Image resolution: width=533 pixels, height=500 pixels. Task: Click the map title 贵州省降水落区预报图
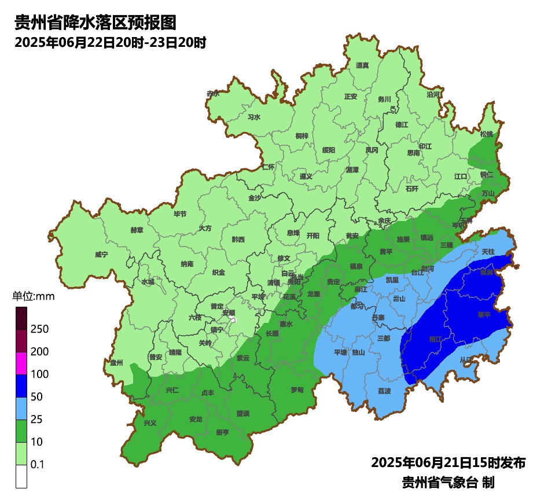point(94,23)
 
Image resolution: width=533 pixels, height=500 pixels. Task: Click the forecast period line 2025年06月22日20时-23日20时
point(111,43)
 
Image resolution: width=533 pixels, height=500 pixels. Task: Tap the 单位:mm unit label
point(33,297)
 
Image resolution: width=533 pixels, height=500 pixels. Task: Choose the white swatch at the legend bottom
point(21,476)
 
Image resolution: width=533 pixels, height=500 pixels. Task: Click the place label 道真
point(362,65)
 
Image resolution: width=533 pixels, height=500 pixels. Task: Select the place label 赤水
point(213,93)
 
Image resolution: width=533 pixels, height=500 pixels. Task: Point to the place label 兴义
point(150,423)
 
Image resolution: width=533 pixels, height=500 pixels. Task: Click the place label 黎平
point(484,314)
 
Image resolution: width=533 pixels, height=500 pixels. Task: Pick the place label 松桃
point(487,134)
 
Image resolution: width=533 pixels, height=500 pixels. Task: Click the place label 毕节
point(180,214)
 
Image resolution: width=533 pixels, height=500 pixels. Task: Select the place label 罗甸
point(297,390)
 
